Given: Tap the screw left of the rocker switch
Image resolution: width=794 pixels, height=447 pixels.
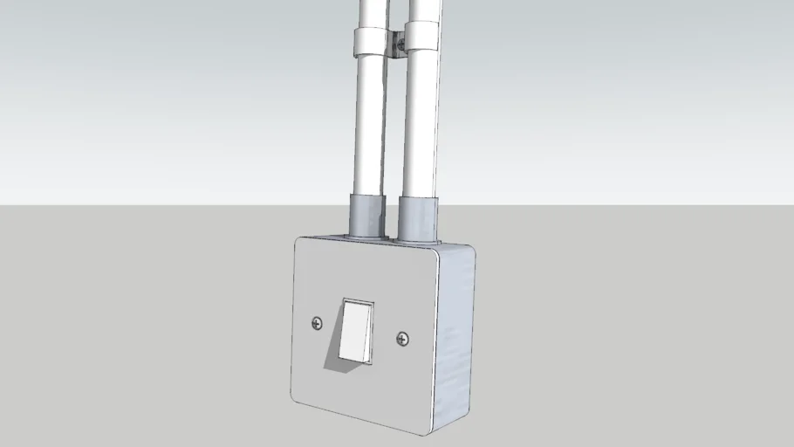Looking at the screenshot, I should point(316,324).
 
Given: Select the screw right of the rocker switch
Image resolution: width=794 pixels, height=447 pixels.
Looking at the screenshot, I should point(402,338).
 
